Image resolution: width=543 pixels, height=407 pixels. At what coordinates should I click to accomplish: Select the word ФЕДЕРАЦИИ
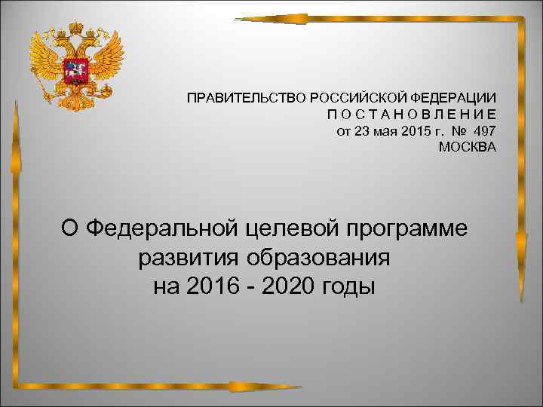tap(453, 98)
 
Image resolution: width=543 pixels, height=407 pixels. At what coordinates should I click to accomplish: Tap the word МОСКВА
tap(468, 146)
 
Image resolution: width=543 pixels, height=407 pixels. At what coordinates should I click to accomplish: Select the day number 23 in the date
tap(362, 130)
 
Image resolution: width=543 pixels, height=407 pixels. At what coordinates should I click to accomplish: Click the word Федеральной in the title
tap(162, 228)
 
